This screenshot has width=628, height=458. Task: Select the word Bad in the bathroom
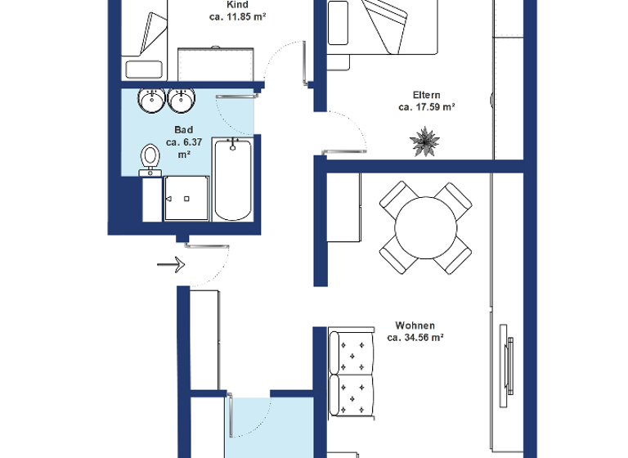click(183, 130)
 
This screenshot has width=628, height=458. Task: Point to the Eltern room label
click(425, 95)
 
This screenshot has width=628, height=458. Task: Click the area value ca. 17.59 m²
click(426, 107)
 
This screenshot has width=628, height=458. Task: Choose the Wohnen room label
click(415, 325)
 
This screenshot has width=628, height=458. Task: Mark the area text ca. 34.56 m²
click(415, 337)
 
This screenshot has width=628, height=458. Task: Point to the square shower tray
click(187, 199)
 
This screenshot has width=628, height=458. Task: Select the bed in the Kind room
click(146, 37)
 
